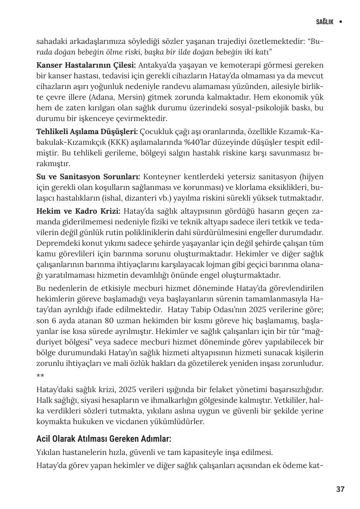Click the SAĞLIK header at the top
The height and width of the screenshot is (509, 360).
tap(325, 22)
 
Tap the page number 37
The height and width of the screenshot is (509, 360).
tap(340, 489)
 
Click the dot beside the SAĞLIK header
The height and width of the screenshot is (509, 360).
tap(341, 22)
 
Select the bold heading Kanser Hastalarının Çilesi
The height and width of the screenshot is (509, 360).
tap(86, 65)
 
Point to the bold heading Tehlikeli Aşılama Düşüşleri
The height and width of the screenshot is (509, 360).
tap(87, 132)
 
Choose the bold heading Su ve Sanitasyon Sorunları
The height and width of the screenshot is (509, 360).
tap(88, 177)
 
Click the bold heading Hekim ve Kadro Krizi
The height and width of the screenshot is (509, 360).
tap(78, 211)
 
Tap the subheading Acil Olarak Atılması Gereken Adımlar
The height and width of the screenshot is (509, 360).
tap(103, 439)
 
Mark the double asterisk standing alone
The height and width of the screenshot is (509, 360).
tap(40, 376)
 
